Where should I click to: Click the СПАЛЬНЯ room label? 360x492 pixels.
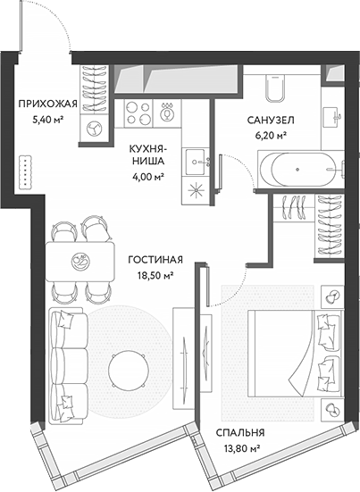click(x=241, y=434)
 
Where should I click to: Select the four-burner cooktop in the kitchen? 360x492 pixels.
click(x=139, y=111)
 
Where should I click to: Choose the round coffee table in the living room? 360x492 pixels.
click(x=128, y=366)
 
